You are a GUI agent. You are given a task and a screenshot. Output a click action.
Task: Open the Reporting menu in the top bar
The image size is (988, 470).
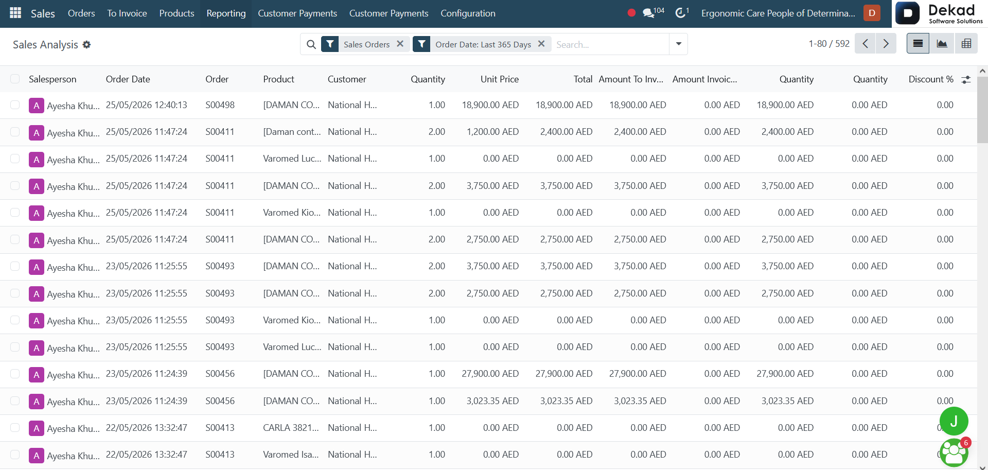tap(226, 13)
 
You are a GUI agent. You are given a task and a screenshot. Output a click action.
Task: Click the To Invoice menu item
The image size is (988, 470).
tap(127, 13)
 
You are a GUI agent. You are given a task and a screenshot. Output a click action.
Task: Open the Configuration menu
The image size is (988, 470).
tap(468, 13)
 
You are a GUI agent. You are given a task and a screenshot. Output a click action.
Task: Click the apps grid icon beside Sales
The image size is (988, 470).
tap(15, 13)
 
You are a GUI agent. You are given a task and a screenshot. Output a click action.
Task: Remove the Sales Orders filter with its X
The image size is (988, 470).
tap(400, 44)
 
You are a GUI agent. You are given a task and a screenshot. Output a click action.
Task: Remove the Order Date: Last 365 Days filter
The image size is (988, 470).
tap(541, 44)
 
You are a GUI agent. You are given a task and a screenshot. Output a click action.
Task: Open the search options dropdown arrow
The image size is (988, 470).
tap(679, 44)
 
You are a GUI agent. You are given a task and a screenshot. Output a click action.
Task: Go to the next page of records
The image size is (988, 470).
tap(886, 44)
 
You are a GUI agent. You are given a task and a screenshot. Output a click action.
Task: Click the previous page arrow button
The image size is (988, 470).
tap(865, 44)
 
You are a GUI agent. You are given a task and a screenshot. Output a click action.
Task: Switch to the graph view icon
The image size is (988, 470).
tap(942, 44)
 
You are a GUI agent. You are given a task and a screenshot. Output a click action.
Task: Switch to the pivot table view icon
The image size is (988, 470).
tap(966, 44)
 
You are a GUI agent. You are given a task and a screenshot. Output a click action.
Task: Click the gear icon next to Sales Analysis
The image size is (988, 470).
tap(86, 45)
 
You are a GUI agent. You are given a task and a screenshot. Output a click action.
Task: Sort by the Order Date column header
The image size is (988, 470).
tap(128, 79)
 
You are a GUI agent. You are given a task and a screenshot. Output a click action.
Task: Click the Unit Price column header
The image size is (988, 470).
tap(500, 79)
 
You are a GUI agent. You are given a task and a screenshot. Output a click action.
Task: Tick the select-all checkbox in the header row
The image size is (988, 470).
tap(15, 79)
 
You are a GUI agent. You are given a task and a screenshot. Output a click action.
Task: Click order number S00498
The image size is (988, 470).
tap(220, 105)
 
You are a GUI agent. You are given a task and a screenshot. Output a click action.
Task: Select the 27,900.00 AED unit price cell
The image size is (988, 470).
tap(490, 374)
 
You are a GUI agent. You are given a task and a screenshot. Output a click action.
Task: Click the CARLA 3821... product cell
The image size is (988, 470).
tap(291, 428)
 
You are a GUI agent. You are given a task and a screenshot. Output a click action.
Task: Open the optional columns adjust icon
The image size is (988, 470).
tap(966, 79)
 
